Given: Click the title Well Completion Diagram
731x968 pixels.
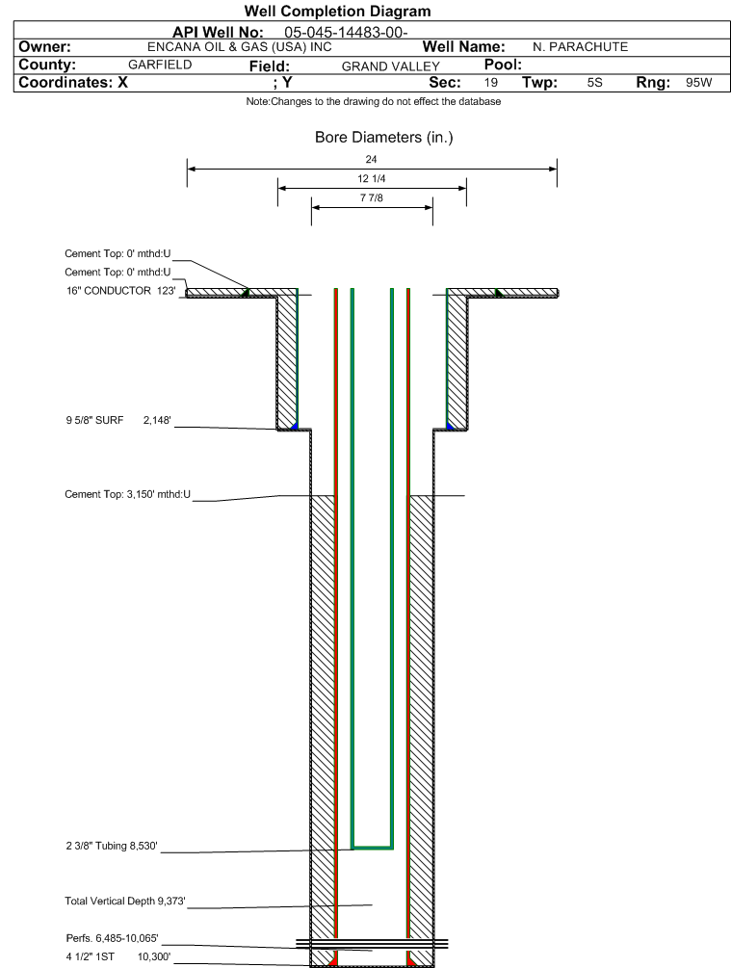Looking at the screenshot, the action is click(x=338, y=12).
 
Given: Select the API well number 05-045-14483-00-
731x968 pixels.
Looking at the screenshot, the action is click(x=346, y=33).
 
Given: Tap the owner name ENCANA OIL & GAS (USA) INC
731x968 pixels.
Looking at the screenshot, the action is click(x=240, y=47).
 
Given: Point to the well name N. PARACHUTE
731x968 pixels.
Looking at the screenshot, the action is click(x=581, y=47).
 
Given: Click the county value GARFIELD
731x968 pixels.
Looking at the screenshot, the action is click(x=160, y=65).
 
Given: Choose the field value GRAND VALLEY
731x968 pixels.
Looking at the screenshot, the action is click(x=391, y=66).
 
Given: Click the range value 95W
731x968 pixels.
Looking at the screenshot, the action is click(x=699, y=83).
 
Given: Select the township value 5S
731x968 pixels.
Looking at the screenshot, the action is click(x=594, y=83).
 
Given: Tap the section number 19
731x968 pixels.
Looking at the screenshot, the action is click(x=491, y=83).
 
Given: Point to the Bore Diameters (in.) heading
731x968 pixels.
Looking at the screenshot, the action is click(x=384, y=137).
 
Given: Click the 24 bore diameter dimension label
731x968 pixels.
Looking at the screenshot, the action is click(x=371, y=159).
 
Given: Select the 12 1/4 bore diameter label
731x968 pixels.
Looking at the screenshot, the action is click(x=372, y=178).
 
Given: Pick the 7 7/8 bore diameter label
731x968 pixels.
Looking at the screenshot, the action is click(x=372, y=197).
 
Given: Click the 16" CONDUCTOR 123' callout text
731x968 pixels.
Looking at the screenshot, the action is click(x=121, y=291).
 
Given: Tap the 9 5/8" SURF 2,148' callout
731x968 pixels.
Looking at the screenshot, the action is click(x=118, y=420).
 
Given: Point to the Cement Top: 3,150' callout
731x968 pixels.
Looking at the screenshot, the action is click(x=128, y=494).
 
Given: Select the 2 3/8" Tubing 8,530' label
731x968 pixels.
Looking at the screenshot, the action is click(x=112, y=846).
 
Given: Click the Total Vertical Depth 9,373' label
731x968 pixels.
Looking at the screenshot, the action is click(x=125, y=902).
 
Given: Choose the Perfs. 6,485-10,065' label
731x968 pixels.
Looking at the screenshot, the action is click(x=113, y=938).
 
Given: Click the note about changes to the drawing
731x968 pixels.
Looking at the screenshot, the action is click(x=374, y=101).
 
